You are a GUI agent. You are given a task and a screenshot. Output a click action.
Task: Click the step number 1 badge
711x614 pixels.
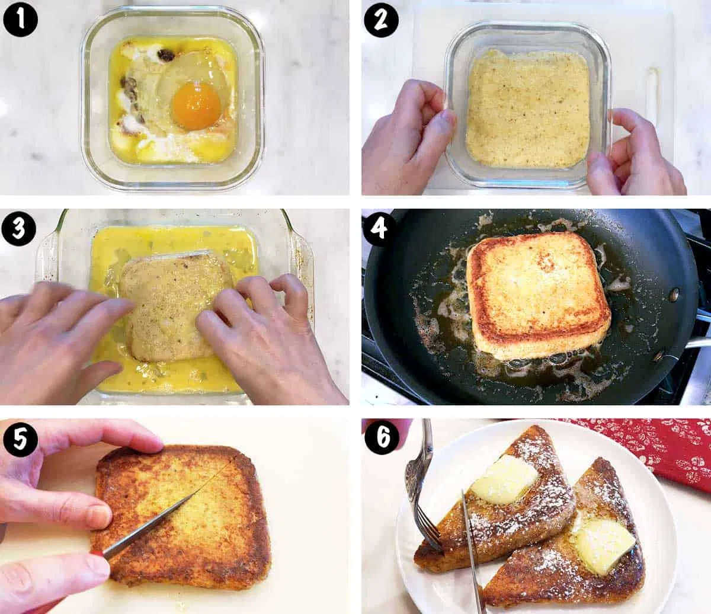click(x=20, y=20)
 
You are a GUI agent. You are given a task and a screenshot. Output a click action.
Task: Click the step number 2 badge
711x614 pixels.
click(x=380, y=20)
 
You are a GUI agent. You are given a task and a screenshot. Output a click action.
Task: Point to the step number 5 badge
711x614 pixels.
click(x=20, y=439)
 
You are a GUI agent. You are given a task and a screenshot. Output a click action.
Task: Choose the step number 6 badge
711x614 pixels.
click(x=380, y=439)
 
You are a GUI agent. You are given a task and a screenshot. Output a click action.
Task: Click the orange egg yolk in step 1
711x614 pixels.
click(x=196, y=105)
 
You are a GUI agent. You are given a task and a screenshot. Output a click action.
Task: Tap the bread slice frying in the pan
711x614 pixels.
click(x=538, y=293)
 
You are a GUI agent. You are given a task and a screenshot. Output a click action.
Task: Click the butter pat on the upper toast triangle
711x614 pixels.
click(x=505, y=479)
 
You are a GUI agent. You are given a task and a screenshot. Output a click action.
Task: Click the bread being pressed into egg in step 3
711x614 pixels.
click(x=172, y=302)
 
